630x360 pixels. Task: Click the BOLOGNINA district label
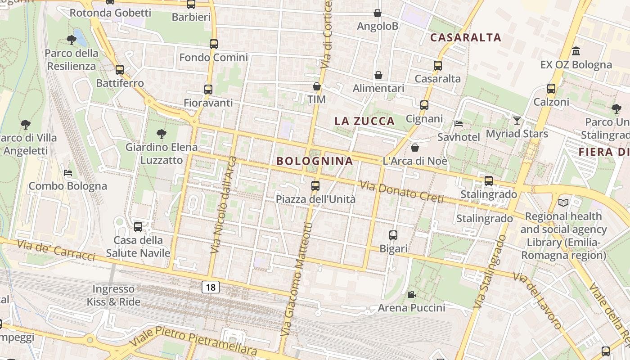point(315,161)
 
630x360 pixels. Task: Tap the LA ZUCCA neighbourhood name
point(364,121)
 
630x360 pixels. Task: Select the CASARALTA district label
point(466,37)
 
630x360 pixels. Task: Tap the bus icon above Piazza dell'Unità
point(315,185)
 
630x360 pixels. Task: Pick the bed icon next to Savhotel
point(459,123)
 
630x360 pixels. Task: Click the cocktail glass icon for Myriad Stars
point(517,120)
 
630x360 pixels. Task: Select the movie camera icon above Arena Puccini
point(411,294)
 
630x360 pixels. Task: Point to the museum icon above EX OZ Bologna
point(576,51)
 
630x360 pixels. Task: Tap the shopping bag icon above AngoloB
point(378,13)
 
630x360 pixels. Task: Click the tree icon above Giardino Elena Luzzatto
point(161,134)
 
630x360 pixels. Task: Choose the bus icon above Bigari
point(393,235)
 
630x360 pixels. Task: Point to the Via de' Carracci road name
point(57,250)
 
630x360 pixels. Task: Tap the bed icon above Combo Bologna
point(67,173)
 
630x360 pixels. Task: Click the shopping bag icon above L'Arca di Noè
point(415,148)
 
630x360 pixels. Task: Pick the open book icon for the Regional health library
point(563,202)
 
